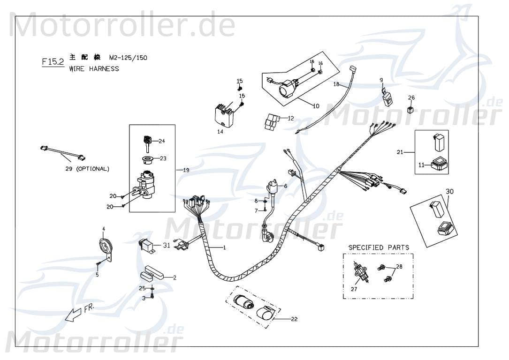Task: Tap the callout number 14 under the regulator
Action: [220, 132]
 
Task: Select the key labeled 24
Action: [146, 141]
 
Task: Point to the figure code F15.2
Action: [53, 62]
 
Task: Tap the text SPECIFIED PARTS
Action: [378, 247]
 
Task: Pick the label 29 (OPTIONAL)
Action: [87, 169]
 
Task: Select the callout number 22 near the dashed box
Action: [294, 319]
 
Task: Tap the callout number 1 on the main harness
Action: [224, 247]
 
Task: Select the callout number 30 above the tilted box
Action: [449, 191]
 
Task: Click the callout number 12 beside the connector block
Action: [290, 118]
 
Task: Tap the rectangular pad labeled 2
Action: [153, 273]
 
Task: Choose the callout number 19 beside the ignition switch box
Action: [186, 170]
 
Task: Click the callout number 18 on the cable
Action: [336, 84]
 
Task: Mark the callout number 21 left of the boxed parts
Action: [400, 152]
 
